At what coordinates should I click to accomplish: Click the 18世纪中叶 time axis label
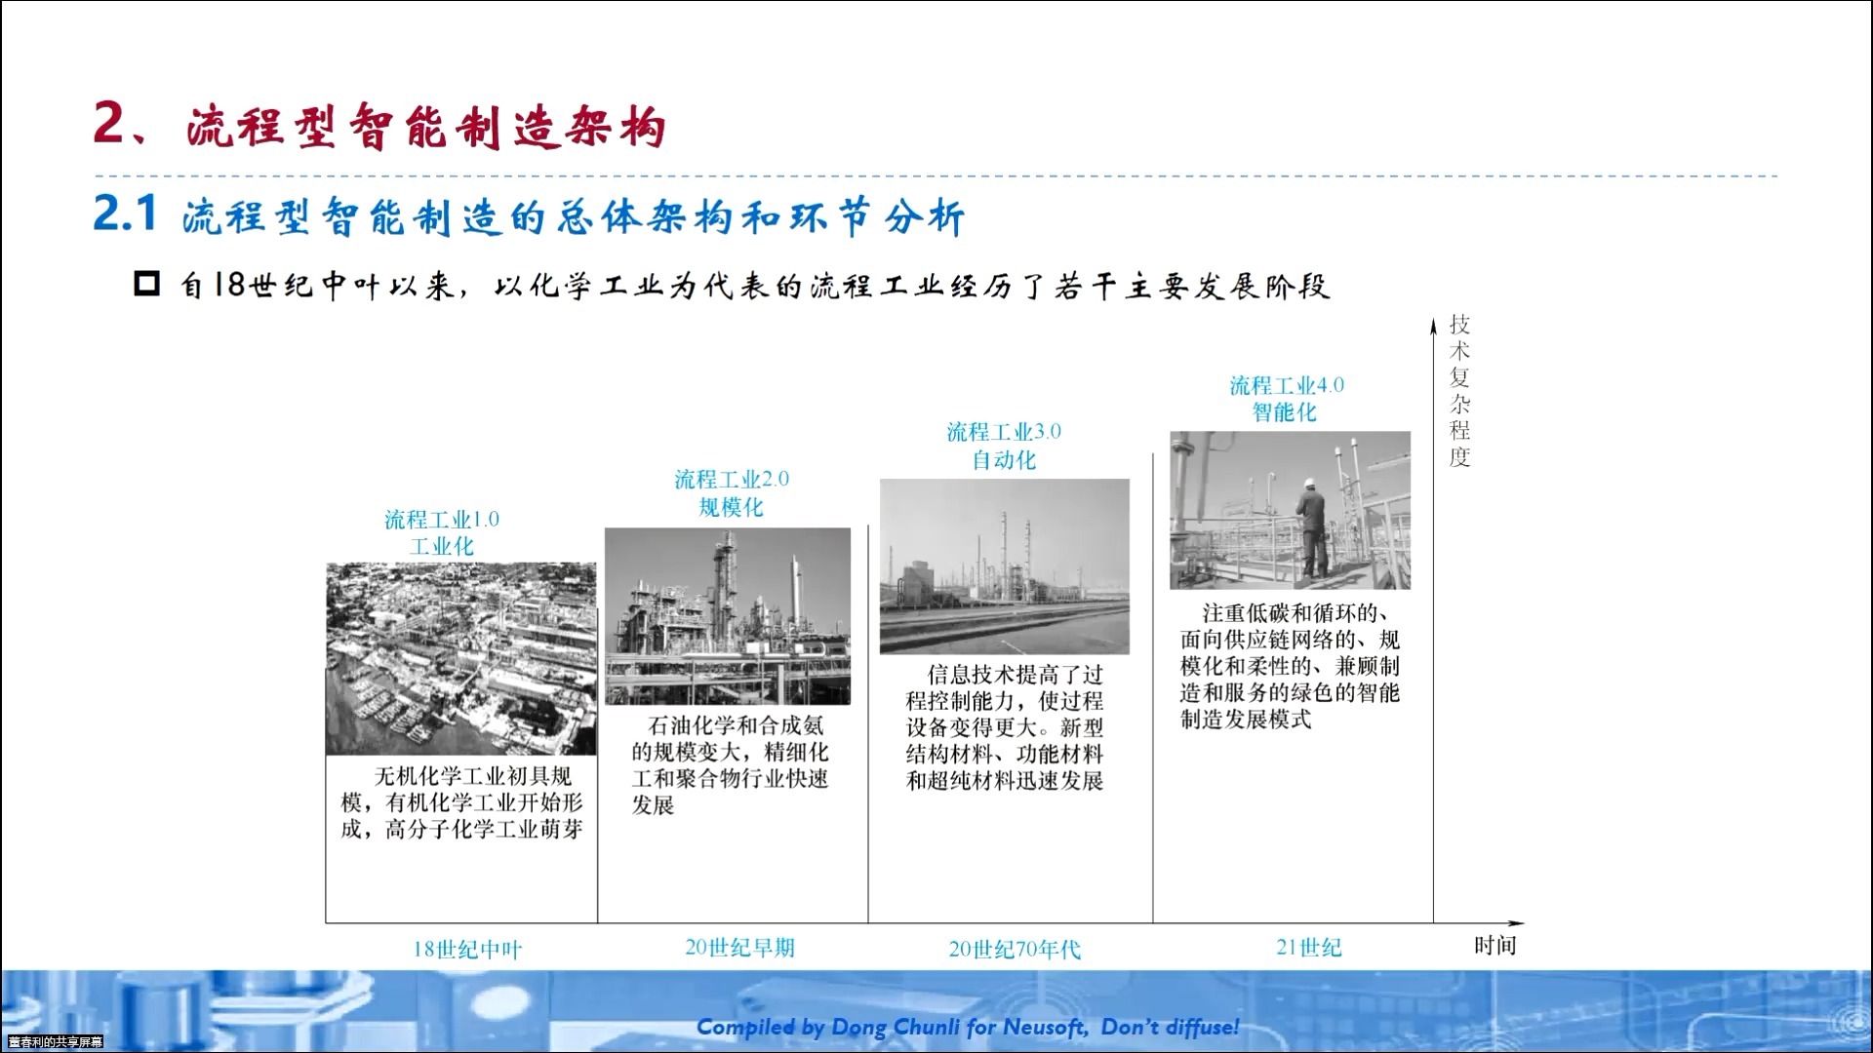(467, 949)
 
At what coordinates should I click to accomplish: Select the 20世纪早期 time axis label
(739, 947)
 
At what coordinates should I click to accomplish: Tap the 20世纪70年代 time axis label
(1015, 949)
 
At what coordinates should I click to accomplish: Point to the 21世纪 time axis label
(1309, 947)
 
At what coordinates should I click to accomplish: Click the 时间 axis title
(1494, 945)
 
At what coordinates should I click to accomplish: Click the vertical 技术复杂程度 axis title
(1459, 390)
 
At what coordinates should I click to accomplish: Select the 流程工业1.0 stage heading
(441, 519)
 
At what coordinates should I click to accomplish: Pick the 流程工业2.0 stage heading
(732, 479)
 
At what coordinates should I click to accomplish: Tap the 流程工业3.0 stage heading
(1004, 431)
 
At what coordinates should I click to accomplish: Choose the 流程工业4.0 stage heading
(1287, 385)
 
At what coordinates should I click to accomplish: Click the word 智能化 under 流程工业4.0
(1285, 412)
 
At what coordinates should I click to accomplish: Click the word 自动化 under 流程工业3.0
(1004, 459)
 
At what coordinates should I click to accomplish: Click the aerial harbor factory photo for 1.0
(460, 658)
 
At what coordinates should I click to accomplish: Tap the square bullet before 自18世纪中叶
(146, 284)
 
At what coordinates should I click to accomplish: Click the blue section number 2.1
(125, 214)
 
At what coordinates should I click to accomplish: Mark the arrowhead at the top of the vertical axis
(1433, 324)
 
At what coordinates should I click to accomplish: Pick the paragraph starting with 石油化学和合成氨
(730, 765)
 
